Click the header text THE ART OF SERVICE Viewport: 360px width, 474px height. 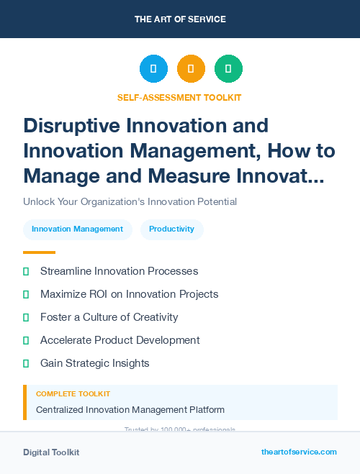tap(180, 19)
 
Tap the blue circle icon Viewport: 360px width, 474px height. tap(153, 69)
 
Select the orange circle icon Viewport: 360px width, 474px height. tap(191, 69)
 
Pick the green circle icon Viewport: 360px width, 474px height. tap(228, 69)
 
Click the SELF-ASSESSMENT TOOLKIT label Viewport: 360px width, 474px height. tap(179, 97)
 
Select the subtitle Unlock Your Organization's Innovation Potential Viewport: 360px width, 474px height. tap(130, 201)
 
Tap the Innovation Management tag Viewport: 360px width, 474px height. tap(77, 229)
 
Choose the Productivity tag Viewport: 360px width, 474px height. tap(171, 229)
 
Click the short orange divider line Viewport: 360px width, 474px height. tap(39, 252)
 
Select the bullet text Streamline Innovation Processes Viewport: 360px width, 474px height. tap(119, 271)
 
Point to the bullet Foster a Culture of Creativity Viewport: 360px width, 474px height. tap(109, 317)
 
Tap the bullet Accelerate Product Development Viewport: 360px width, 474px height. tap(120, 340)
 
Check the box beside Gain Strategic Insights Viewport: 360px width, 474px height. tap(26, 363)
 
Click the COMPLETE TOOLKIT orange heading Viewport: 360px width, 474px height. tap(73, 394)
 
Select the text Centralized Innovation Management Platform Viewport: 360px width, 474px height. tap(130, 410)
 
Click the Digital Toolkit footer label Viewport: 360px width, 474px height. tap(51, 452)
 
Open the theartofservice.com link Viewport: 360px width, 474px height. tap(299, 452)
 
